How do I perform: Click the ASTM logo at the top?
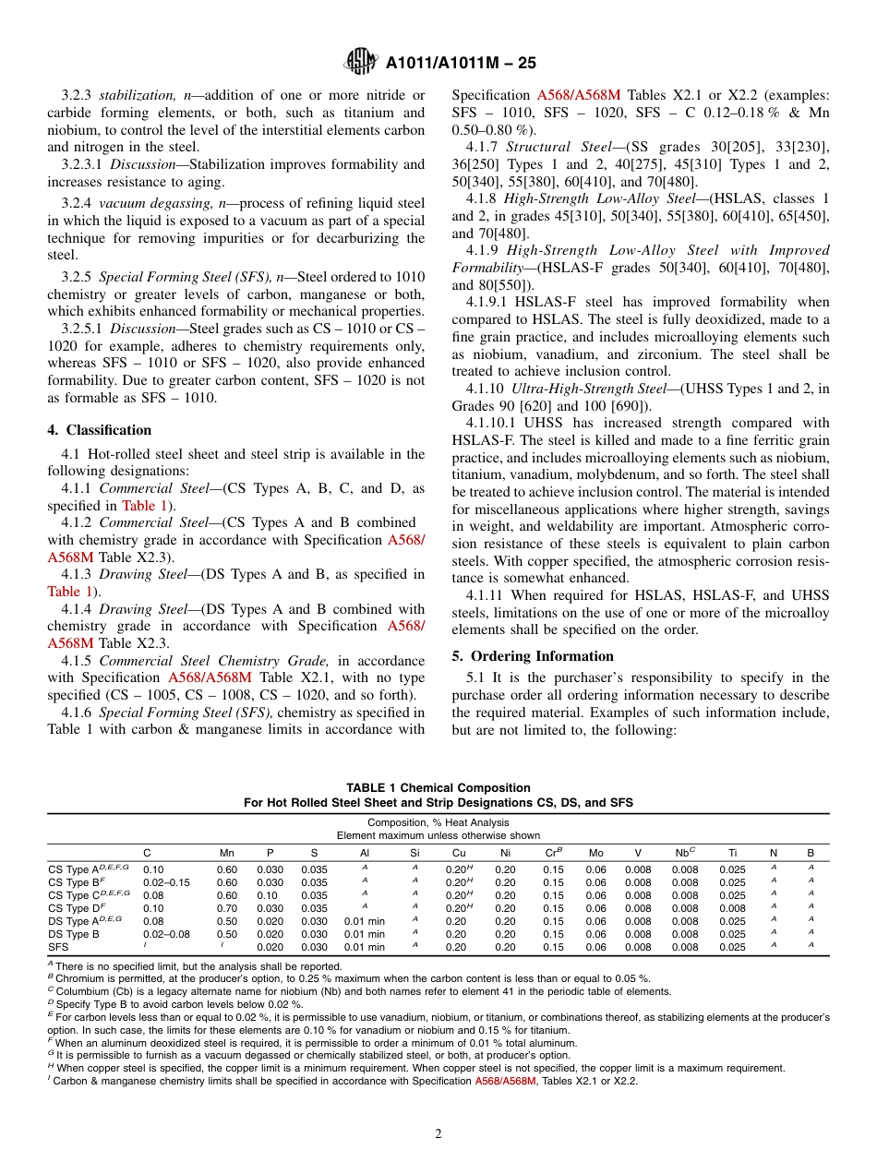point(360,62)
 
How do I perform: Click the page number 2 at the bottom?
point(438,1134)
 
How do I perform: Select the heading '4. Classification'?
point(100,430)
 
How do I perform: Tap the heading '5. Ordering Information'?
point(533,656)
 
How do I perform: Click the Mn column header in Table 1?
point(226,853)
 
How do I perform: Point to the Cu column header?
point(459,853)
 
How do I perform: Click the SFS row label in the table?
point(58,947)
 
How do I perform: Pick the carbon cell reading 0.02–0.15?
point(166,882)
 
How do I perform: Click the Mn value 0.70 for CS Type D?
point(226,908)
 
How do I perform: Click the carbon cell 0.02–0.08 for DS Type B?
point(166,934)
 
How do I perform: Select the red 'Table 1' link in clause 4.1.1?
point(138,506)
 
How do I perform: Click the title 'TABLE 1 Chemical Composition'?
point(438,788)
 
